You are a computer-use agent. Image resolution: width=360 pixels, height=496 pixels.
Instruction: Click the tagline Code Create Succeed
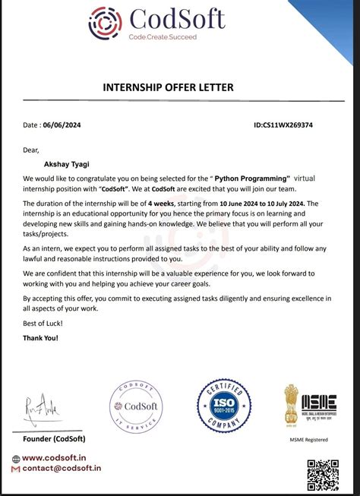pyautogui.click(x=163, y=36)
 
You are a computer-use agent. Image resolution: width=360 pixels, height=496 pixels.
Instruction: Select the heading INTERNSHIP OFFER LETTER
pyautogui.click(x=179, y=87)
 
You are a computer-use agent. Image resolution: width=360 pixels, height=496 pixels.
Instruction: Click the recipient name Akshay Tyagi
pyautogui.click(x=70, y=161)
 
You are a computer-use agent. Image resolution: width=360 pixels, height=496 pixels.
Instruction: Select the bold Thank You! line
pyautogui.click(x=41, y=337)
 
